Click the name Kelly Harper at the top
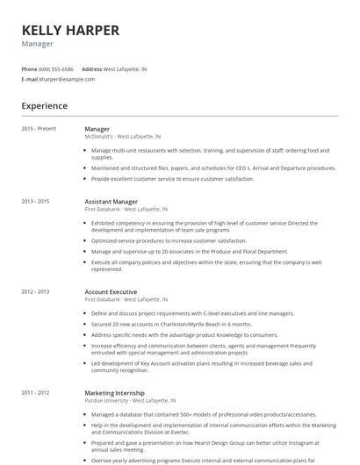(x=70, y=31)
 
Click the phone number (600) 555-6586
(x=56, y=68)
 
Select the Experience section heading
(x=45, y=106)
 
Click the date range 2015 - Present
(x=39, y=129)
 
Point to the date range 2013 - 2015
(x=36, y=201)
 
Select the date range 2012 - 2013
(x=36, y=291)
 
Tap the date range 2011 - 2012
(x=36, y=392)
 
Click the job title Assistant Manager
(x=111, y=201)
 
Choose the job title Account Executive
(x=111, y=291)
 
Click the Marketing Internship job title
(x=114, y=392)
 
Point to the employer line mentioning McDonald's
(x=122, y=137)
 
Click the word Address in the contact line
(x=91, y=68)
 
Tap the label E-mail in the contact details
(x=29, y=79)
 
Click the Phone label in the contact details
(x=29, y=68)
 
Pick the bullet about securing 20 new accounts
(x=171, y=324)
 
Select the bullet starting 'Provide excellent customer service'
(x=172, y=179)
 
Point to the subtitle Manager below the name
(x=38, y=44)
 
